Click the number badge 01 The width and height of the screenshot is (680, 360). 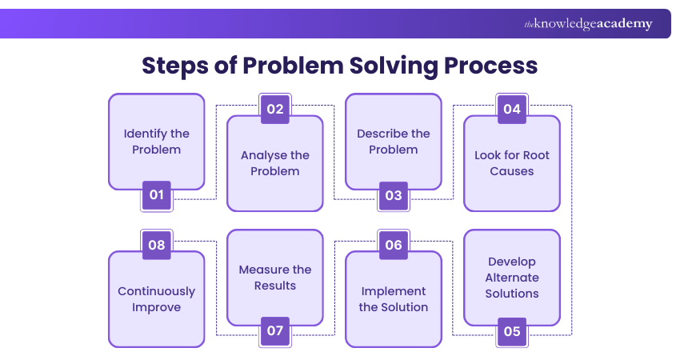click(157, 194)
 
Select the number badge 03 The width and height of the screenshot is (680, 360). click(394, 194)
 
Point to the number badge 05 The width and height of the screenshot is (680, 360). click(512, 330)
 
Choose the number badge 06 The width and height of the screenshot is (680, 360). click(394, 246)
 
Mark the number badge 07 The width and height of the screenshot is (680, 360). click(275, 330)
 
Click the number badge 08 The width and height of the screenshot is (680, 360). click(157, 246)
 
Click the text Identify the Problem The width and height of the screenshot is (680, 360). click(157, 142)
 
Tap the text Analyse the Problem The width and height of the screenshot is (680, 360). click(275, 163)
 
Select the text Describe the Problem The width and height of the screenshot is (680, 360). click(394, 142)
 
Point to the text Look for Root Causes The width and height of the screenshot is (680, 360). click(512, 163)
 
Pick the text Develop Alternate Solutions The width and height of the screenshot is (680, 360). click(512, 278)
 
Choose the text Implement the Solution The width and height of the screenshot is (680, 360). click(394, 299)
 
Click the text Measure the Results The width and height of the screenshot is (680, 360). click(275, 278)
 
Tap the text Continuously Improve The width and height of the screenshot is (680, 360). click(157, 299)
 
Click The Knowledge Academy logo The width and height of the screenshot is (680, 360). click(588, 24)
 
